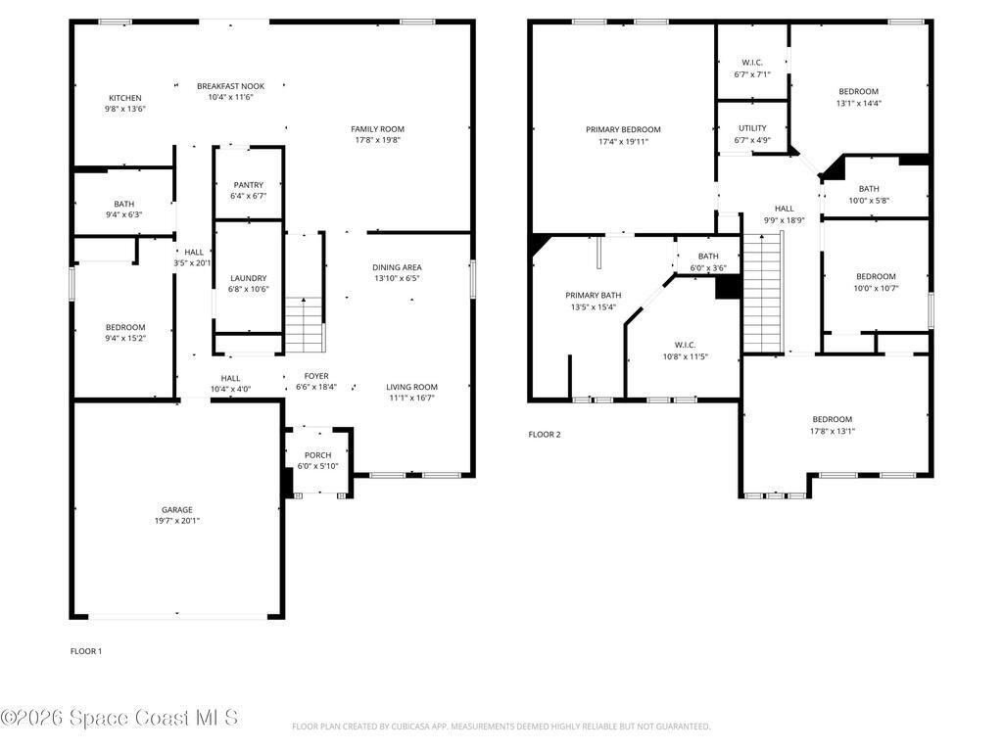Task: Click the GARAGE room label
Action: pos(176,509)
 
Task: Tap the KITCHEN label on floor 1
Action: pos(125,98)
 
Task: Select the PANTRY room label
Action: pos(249,185)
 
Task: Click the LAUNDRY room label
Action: pos(249,278)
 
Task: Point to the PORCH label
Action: pos(317,455)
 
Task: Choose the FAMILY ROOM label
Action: pos(377,129)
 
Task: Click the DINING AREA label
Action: pos(397,267)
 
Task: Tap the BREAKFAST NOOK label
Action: pos(230,86)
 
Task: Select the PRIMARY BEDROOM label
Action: pos(623,129)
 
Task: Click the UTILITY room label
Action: pos(752,128)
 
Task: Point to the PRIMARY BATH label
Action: pos(593,296)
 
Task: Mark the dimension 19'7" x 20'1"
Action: pos(176,521)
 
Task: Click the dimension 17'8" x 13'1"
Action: pos(832,431)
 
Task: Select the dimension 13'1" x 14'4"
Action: pos(858,103)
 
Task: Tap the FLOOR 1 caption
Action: pos(86,651)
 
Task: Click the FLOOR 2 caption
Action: pos(545,435)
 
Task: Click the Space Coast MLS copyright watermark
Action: pos(119,719)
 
